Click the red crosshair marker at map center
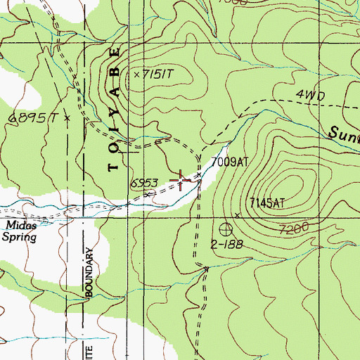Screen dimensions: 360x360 click(181, 181)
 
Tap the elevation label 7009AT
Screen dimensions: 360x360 click(230, 162)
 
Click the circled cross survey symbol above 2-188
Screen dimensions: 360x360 click(226, 229)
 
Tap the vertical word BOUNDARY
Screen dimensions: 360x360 click(90, 273)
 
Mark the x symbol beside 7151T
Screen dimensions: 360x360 click(136, 73)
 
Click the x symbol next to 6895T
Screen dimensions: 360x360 click(67, 119)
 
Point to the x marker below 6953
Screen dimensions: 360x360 click(147, 194)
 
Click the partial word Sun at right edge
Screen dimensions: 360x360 click(345, 131)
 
